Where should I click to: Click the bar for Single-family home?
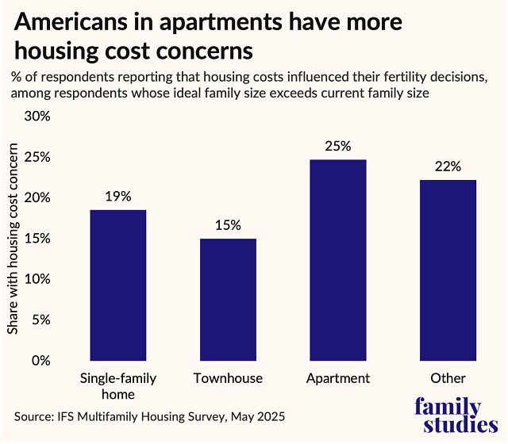click(x=118, y=285)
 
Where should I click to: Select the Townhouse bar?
click(x=228, y=300)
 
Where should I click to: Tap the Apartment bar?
click(x=337, y=260)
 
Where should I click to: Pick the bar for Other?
click(x=448, y=270)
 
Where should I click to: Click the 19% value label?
click(x=118, y=197)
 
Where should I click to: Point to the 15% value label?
click(x=228, y=225)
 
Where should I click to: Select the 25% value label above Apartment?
click(x=337, y=146)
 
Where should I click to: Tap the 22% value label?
click(x=448, y=166)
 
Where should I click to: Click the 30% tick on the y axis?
click(x=37, y=117)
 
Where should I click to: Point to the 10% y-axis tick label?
click(x=37, y=279)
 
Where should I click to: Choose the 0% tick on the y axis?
click(x=40, y=361)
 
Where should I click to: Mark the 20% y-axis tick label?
click(x=37, y=198)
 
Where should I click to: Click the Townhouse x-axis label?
click(x=228, y=378)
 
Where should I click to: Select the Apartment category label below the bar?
click(x=337, y=378)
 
